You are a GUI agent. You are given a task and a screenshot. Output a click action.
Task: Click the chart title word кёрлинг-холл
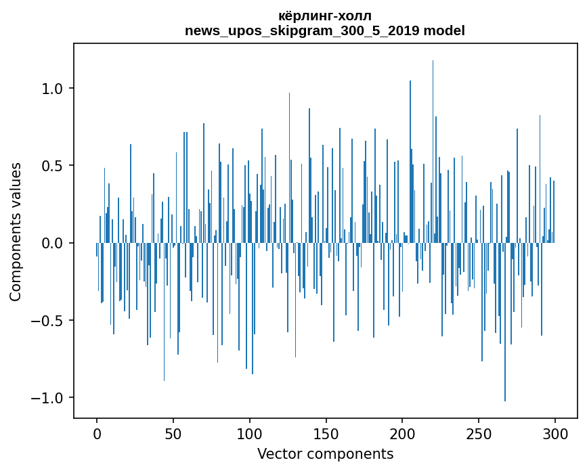[x=325, y=16]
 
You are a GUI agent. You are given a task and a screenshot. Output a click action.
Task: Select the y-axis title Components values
[x=16, y=231]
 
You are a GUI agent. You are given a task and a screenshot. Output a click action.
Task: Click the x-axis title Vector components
[x=325, y=454]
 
